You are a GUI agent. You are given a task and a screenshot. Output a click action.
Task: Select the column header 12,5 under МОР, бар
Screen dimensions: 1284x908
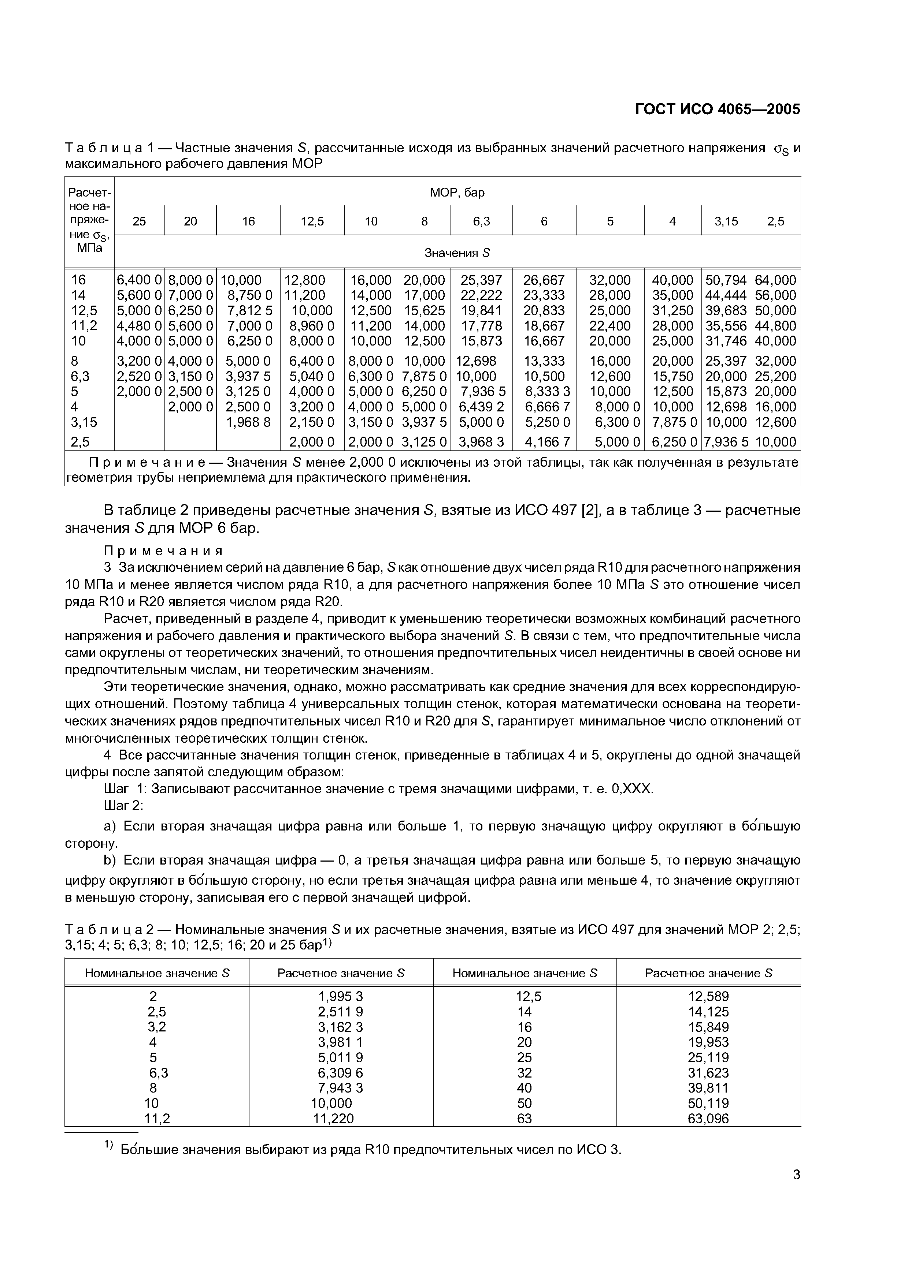pos(312,221)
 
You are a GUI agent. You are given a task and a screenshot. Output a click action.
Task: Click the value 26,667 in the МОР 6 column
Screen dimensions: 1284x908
pos(544,280)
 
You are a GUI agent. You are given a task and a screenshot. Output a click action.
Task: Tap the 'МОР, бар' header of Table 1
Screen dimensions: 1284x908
pos(457,193)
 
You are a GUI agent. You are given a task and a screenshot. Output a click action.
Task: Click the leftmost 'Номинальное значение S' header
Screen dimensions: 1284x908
pos(157,973)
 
